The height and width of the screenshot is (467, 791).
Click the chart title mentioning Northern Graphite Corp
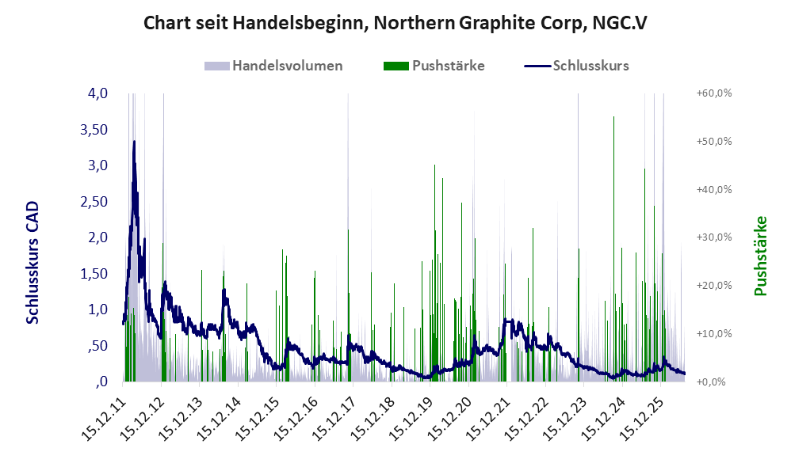[x=395, y=23]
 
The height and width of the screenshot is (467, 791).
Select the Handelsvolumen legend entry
[x=273, y=66]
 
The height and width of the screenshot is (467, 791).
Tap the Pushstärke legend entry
[x=434, y=66]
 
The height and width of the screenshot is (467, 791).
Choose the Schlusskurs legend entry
[x=576, y=66]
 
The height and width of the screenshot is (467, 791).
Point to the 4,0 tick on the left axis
[x=97, y=93]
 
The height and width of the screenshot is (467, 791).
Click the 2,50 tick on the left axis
[x=94, y=202]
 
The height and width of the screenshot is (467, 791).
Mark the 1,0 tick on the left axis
[x=97, y=309]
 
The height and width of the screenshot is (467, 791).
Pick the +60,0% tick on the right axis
[x=714, y=93]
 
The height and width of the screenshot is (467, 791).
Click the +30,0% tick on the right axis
[x=714, y=237]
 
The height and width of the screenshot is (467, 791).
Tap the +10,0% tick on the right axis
[x=714, y=333]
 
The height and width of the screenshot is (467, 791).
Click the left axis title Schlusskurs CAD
[x=32, y=263]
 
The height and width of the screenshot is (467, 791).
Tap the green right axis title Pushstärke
[x=760, y=256]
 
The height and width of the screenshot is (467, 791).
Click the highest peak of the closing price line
[x=134, y=142]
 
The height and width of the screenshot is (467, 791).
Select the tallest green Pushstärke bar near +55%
[x=613, y=249]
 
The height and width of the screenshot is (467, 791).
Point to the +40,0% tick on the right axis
[x=714, y=189]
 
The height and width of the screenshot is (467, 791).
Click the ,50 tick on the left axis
[x=97, y=346]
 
